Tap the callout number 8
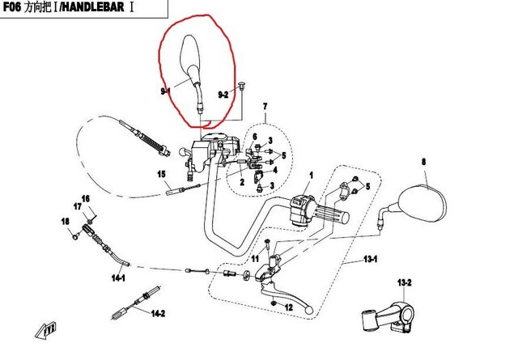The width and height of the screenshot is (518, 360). (422, 163)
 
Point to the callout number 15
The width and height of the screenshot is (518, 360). (161, 175)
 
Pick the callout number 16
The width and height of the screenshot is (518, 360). (86, 199)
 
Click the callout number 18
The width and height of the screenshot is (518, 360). (66, 221)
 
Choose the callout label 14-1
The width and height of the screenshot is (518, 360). (118, 277)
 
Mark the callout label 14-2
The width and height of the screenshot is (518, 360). (156, 314)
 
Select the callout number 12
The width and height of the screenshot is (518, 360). (288, 308)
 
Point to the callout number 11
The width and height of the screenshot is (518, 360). (254, 259)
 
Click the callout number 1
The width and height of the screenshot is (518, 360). (310, 176)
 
